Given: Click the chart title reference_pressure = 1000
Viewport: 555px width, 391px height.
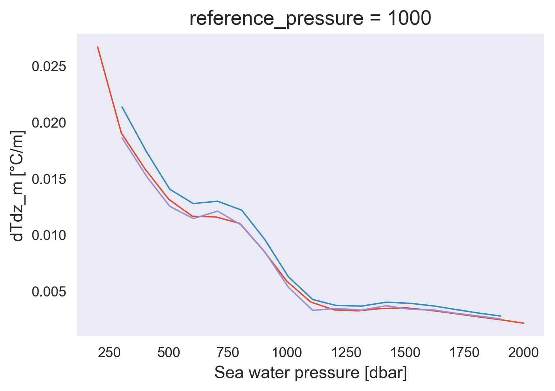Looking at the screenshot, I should point(310,19).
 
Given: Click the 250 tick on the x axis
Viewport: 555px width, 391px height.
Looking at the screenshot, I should point(109,353).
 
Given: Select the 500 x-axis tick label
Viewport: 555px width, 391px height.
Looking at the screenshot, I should point(169,353).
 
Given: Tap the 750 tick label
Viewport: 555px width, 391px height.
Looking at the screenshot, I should point(228,353).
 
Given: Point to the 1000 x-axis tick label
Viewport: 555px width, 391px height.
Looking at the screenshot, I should point(287,353).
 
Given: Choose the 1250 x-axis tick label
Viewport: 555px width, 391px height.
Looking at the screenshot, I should point(346,353).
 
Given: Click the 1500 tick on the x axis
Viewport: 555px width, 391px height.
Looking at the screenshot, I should point(405,353).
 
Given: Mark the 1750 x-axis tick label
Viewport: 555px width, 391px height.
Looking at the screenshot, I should point(464,353).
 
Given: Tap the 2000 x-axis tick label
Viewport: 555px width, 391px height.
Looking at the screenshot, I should point(523,353).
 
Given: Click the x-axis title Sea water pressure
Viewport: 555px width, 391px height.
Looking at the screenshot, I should point(311,373).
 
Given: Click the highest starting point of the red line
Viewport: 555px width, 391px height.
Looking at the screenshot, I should point(98,47).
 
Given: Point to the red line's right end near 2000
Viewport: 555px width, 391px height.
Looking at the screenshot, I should point(524,323).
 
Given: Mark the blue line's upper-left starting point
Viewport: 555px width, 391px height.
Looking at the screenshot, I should point(122,107).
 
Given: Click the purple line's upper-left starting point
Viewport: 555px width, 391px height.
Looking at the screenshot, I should point(122,138).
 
